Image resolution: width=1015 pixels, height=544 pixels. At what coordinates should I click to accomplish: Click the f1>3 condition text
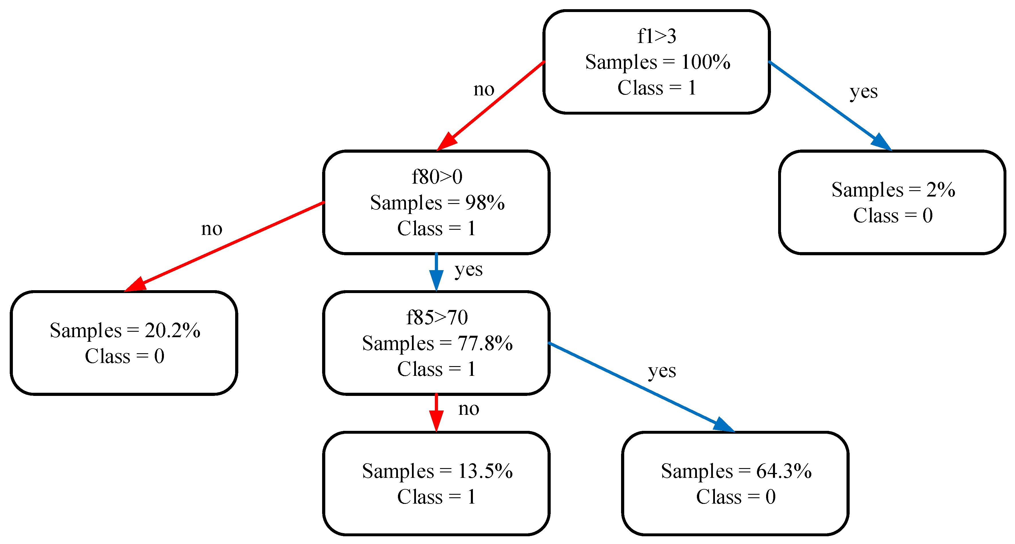point(657,36)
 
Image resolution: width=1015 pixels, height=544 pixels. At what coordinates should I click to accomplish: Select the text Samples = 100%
point(657,62)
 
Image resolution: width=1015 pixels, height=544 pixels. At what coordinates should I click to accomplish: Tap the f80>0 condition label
point(437,177)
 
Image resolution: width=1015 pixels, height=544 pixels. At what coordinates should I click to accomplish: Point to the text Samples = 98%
point(437,203)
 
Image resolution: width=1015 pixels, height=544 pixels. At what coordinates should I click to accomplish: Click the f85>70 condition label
point(437,317)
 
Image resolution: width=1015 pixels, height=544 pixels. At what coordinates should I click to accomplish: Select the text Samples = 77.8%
point(437,343)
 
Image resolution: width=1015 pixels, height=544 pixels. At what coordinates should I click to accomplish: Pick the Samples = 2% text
point(893,190)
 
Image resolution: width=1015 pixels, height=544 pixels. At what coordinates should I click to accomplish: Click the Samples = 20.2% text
point(124,330)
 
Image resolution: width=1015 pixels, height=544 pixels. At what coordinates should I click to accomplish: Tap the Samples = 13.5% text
point(437,471)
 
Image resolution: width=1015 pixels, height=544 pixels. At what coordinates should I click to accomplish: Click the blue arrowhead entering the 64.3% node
point(724,425)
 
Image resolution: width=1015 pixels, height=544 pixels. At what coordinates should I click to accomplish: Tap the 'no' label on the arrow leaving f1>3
point(483,89)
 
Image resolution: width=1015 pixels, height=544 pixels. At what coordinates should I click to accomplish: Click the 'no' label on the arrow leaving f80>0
point(212,229)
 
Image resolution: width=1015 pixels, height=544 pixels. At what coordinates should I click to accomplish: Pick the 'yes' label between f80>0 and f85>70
point(468,270)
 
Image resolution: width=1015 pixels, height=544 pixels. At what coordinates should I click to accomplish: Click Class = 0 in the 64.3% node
point(736,497)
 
